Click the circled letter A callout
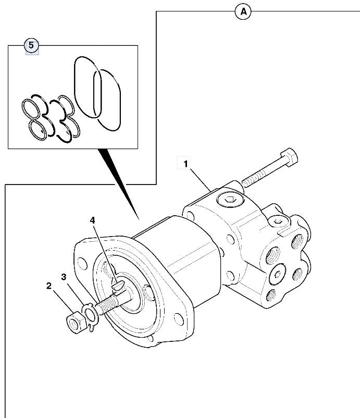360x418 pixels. click(243, 11)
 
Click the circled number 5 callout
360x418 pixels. click(31, 46)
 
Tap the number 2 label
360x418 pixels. click(48, 286)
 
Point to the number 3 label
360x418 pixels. click(64, 277)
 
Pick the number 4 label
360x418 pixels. click(92, 220)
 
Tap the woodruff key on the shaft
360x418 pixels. click(119, 284)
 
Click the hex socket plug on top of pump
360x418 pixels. click(229, 199)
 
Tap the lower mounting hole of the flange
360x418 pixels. click(178, 317)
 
